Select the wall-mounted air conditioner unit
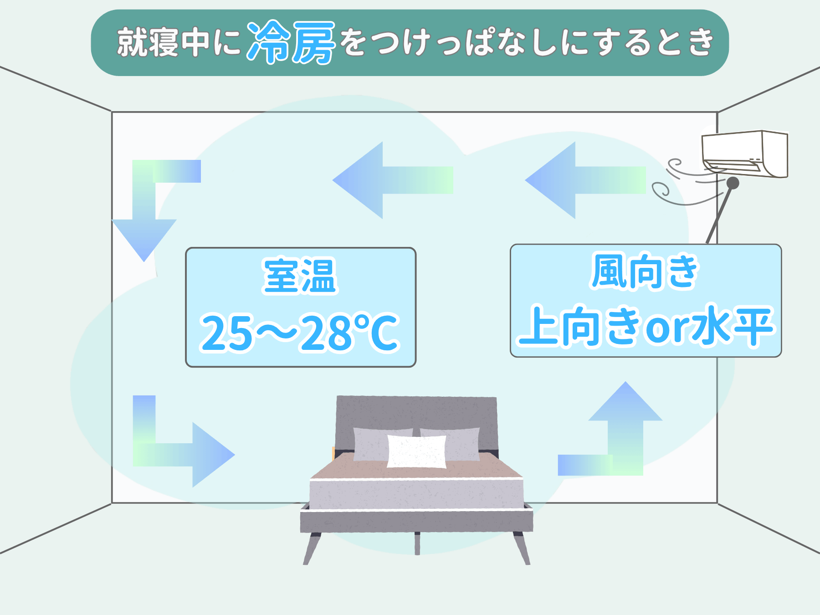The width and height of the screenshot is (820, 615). [745, 154]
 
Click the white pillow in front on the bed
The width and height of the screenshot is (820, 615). [416, 451]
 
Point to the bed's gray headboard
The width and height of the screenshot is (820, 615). [416, 412]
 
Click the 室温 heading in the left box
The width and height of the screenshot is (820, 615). [300, 276]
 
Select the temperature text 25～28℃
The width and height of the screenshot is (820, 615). [300, 333]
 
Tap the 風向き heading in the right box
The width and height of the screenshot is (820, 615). [644, 272]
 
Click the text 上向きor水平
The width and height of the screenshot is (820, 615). [646, 326]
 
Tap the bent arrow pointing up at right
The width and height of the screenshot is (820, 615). [620, 437]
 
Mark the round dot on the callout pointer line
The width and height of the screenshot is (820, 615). [733, 183]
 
